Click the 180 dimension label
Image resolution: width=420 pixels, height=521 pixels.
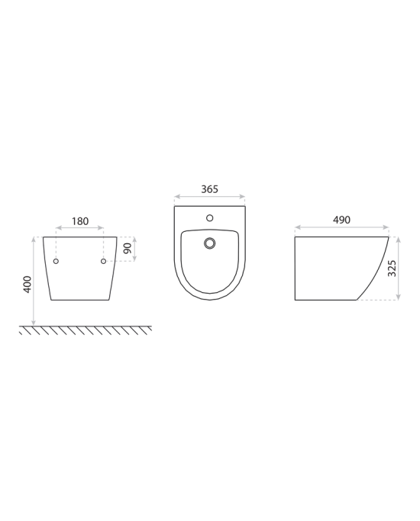pos(80,221)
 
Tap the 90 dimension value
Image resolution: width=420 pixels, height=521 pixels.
pos(128,248)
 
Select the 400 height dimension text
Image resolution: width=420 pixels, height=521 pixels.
pos(27,285)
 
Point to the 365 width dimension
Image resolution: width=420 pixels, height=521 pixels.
pos(209,189)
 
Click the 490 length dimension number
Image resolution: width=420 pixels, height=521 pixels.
pos(341,220)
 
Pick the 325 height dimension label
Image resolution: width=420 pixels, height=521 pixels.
pos(392,269)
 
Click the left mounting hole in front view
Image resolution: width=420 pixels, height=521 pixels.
pos(56,261)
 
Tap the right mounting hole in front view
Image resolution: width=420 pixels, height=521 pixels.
pos(103,261)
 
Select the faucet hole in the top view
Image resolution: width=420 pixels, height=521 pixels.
pos(209,218)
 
